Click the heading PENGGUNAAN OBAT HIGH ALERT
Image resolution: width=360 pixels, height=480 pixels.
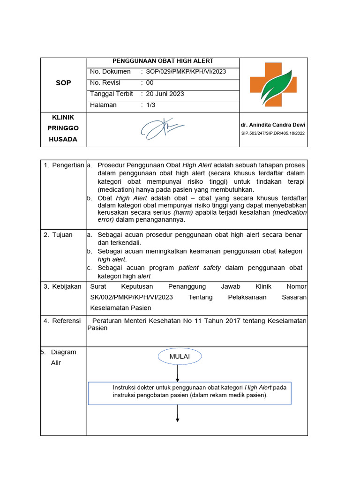pyautogui.click(x=163, y=61)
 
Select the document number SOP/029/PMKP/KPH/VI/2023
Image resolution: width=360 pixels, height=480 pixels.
pyautogui.click(x=186, y=72)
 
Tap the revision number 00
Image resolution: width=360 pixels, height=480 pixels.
pyautogui.click(x=150, y=82)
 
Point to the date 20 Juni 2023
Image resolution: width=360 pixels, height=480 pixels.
pyautogui.click(x=165, y=94)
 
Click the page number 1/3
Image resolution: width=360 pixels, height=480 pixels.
pyautogui.click(x=150, y=105)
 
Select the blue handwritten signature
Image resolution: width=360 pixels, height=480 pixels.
pyautogui.click(x=162, y=128)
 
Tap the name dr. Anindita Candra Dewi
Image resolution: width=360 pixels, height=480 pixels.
pyautogui.click(x=273, y=126)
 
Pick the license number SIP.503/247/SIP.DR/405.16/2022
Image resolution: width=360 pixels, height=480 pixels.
pyautogui.click(x=273, y=133)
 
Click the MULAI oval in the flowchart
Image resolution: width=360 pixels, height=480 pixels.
pyautogui.click(x=180, y=357)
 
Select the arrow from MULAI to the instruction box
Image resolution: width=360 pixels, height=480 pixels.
pyautogui.click(x=178, y=373)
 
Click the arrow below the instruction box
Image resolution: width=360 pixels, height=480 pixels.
pyautogui.click(x=178, y=413)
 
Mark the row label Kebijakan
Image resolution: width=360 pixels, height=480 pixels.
pyautogui.click(x=66, y=286)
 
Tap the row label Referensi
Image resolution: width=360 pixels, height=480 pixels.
pyautogui.click(x=66, y=321)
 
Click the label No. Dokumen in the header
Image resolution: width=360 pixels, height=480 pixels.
pyautogui.click(x=110, y=72)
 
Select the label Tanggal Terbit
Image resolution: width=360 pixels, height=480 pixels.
pyautogui.click(x=112, y=94)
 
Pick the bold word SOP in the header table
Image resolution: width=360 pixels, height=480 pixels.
pyautogui.click(x=63, y=82)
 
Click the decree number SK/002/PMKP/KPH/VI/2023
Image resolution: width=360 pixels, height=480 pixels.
pyautogui.click(x=131, y=297)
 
